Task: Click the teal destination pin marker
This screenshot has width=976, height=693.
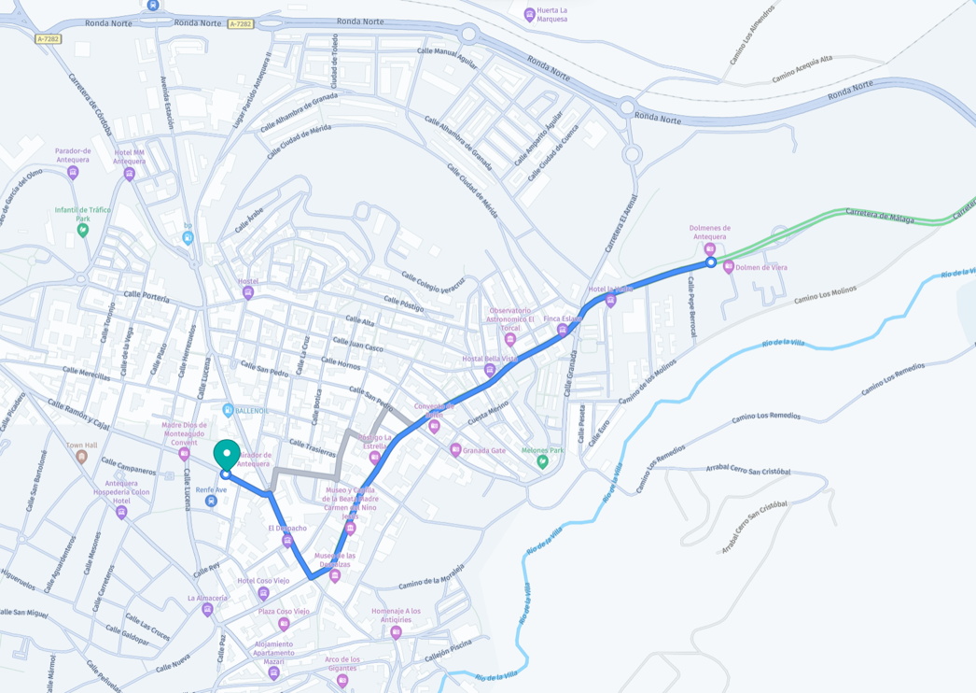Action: [x=226, y=455]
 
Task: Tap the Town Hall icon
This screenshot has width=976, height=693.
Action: [x=82, y=457]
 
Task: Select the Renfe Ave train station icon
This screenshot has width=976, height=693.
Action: [x=212, y=502]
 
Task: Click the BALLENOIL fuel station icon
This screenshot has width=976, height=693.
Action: [x=228, y=410]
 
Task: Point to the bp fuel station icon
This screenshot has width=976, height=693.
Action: [x=188, y=237]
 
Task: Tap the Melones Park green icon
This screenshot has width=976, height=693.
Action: [x=543, y=461]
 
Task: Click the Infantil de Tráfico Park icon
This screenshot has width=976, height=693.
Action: [x=82, y=230]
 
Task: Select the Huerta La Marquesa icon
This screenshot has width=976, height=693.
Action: [x=530, y=14]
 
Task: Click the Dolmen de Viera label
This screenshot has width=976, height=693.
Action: [x=761, y=268]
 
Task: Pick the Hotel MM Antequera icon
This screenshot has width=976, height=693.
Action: [x=130, y=174]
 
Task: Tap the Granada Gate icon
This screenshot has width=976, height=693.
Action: [x=455, y=450]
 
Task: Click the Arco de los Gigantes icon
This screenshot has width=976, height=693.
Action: [x=342, y=680]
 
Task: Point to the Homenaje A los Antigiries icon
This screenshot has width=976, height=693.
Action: [x=396, y=632]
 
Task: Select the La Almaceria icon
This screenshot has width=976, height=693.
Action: [x=207, y=610]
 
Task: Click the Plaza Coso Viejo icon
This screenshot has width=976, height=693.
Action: [x=284, y=624]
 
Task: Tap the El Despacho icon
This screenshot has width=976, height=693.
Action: [x=287, y=541]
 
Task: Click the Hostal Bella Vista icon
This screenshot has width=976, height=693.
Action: [x=490, y=370]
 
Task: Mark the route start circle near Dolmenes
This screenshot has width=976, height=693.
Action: [x=711, y=262]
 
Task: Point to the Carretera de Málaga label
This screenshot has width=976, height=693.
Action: [x=880, y=217]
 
